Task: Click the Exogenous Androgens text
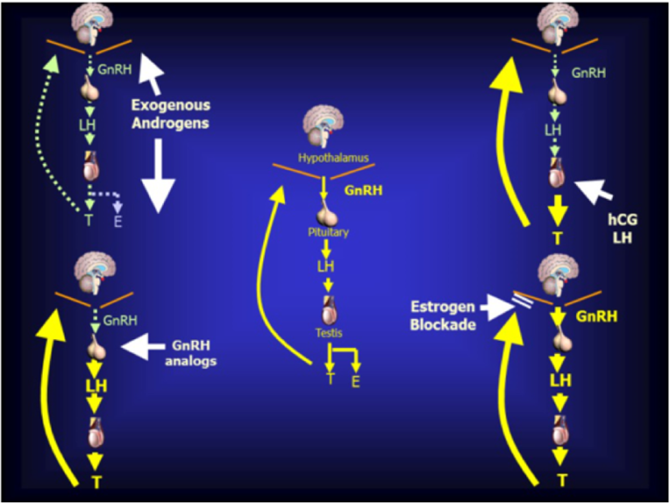pos(171,113)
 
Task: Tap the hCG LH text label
pos(623,228)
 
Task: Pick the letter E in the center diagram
pos(355,382)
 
